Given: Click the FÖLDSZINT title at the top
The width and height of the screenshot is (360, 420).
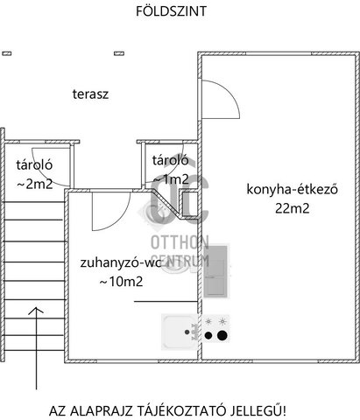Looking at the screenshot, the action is pyautogui.click(x=171, y=11).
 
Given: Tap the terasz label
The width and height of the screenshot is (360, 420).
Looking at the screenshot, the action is pyautogui.click(x=90, y=94).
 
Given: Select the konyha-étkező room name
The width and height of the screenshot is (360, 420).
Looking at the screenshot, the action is pyautogui.click(x=293, y=189).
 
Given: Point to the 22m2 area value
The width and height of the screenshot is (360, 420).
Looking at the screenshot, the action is pyautogui.click(x=293, y=208).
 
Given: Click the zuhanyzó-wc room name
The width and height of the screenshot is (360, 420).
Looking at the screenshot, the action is pyautogui.click(x=121, y=262).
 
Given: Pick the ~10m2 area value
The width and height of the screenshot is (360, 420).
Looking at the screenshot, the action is pyautogui.click(x=121, y=282).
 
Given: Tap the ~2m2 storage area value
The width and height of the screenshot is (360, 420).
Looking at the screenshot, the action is pyautogui.click(x=35, y=184).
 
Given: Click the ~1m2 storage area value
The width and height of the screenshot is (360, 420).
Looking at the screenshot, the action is pyautogui.click(x=171, y=179).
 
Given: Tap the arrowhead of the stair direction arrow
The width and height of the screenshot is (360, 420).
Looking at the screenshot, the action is pyautogui.click(x=36, y=310).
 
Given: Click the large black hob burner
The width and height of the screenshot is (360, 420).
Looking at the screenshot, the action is pyautogui.click(x=222, y=335).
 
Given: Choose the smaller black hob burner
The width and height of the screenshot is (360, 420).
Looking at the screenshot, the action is pyautogui.click(x=208, y=336).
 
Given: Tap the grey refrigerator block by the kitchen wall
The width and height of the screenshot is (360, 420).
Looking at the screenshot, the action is pyautogui.click(x=216, y=271).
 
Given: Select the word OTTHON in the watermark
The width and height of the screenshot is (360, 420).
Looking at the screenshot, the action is pyautogui.click(x=180, y=242).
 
